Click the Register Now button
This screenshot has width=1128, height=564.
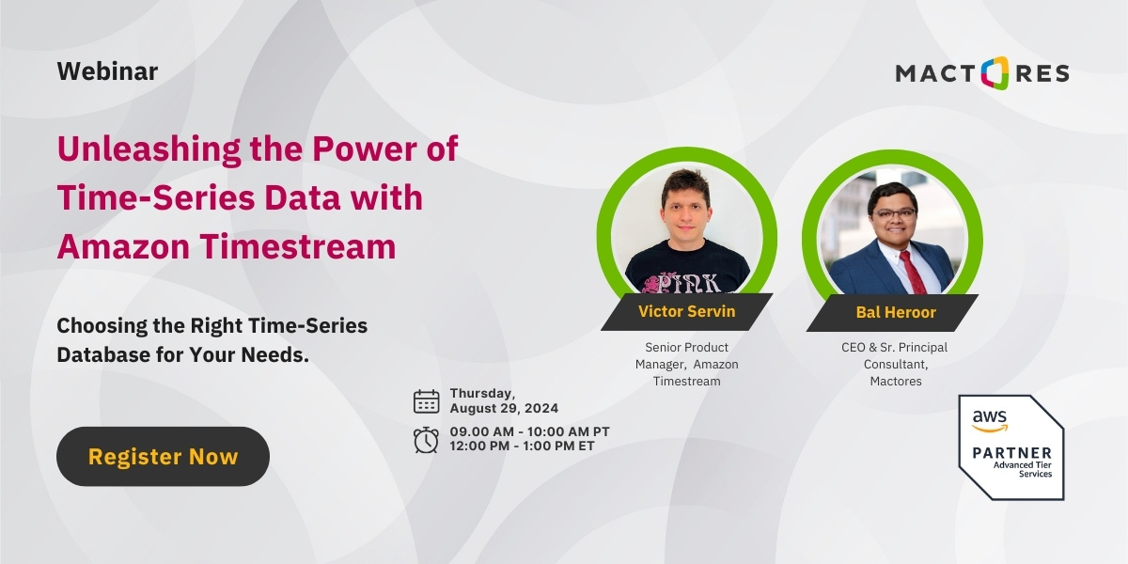pyautogui.click(x=163, y=457)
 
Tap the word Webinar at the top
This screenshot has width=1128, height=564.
pyautogui.click(x=107, y=71)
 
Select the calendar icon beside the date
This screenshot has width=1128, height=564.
pyautogui.click(x=427, y=401)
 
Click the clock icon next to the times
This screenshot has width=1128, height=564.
pyautogui.click(x=427, y=439)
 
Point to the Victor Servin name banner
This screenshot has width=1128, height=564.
pyautogui.click(x=686, y=312)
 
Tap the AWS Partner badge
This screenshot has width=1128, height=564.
pyautogui.click(x=1010, y=446)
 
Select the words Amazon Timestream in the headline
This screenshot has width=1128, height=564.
pyautogui.click(x=227, y=246)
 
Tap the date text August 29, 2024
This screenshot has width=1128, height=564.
pyautogui.click(x=504, y=409)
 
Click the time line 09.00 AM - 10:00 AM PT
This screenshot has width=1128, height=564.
pyautogui.click(x=529, y=431)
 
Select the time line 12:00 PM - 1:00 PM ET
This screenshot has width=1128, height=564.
pyautogui.click(x=522, y=446)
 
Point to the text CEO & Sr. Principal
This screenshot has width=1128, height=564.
pyautogui.click(x=894, y=348)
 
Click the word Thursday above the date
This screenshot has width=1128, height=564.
pyautogui.click(x=482, y=393)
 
